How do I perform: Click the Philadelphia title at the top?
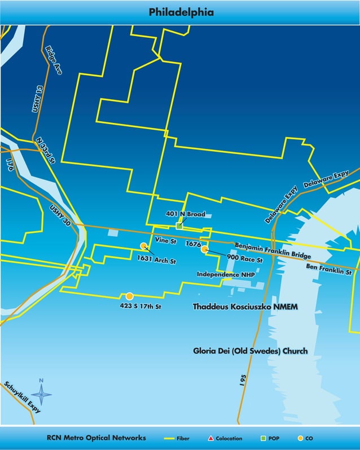point(181,12)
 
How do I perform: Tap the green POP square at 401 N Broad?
point(179,226)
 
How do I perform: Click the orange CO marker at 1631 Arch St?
point(144,246)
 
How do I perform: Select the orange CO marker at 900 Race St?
point(205,249)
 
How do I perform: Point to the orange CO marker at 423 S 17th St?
point(129,296)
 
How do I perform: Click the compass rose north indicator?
point(41,393)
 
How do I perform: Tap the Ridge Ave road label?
point(54,60)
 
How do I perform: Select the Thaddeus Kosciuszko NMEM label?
point(245,307)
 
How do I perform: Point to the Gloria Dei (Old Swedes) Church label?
point(250,351)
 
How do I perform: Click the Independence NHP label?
point(226,274)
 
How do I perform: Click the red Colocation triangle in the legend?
point(210,438)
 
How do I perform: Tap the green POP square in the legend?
point(263,438)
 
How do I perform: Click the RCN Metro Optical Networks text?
point(96,438)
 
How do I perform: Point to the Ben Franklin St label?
point(329,268)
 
